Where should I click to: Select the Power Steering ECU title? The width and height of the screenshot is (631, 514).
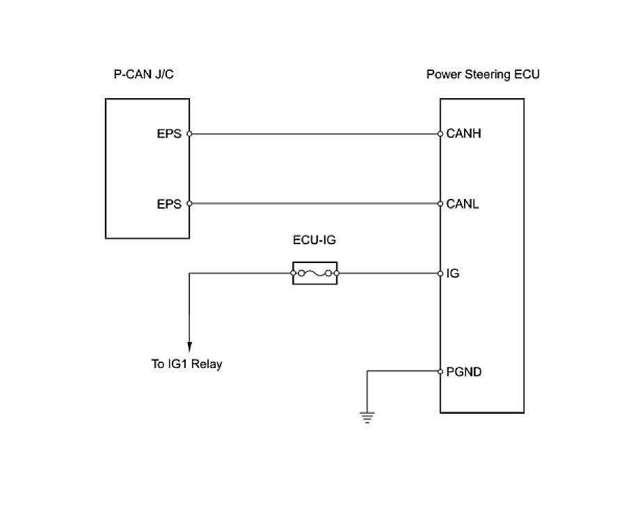tap(482, 74)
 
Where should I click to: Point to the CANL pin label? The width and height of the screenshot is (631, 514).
tap(462, 204)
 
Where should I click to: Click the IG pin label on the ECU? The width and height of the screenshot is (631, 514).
tap(452, 274)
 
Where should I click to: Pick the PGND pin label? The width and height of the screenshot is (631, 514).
tap(464, 372)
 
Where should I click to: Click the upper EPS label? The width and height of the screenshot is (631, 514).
tap(169, 134)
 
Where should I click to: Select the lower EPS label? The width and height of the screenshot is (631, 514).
tap(169, 204)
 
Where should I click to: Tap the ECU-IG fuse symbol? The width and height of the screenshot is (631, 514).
tap(314, 273)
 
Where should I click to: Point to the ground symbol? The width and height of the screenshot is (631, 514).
tap(367, 417)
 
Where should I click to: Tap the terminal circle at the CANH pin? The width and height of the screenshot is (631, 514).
tap(440, 134)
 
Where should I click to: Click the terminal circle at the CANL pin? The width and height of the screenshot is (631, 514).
tap(440, 204)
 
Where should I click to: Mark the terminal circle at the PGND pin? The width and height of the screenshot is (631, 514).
tap(440, 372)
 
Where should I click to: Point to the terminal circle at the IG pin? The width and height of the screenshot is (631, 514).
tap(440, 274)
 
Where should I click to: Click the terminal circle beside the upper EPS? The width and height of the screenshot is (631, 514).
tap(189, 134)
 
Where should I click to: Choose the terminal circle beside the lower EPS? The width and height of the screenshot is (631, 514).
tap(189, 204)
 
